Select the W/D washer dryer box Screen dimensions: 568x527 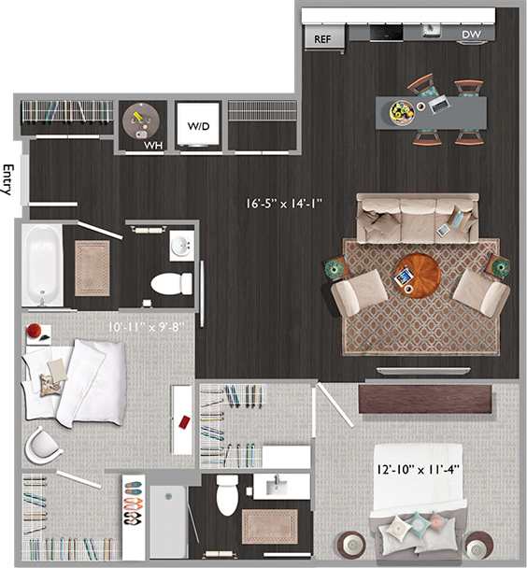198,124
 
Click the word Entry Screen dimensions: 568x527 8,179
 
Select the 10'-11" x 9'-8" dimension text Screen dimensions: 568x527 138,327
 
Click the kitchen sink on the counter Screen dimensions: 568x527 431,30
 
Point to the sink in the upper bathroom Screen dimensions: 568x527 181,247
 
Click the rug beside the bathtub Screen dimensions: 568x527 93,267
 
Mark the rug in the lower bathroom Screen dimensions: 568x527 270,525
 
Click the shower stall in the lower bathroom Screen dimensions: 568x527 168,522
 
